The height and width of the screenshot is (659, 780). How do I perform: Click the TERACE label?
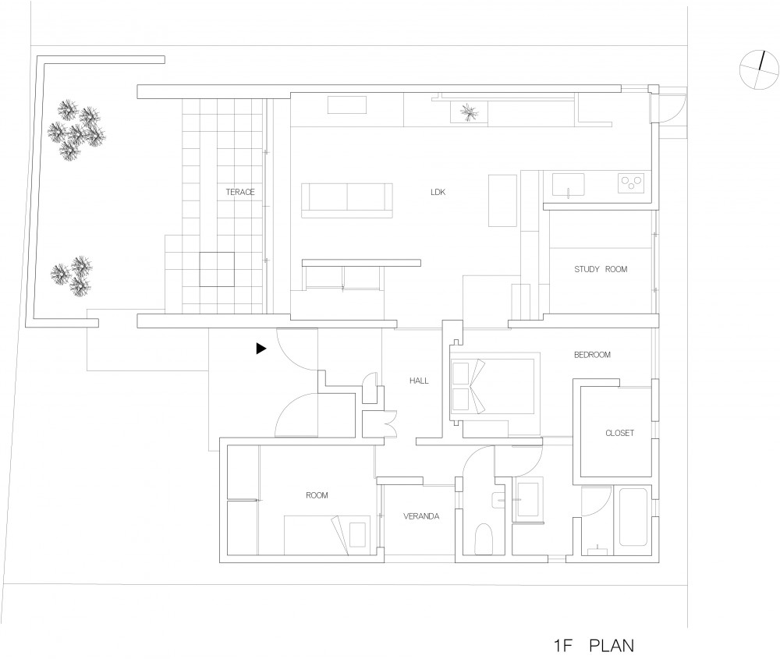click(x=240, y=192)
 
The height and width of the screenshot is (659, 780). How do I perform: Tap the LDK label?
click(x=438, y=192)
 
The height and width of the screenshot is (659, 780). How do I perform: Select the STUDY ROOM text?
click(x=601, y=269)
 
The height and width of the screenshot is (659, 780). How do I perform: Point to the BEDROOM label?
click(x=592, y=355)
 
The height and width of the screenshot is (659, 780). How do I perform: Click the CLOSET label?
click(x=619, y=433)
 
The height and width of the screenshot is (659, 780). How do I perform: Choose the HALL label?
click(x=419, y=381)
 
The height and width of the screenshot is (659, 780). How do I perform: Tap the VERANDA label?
click(x=421, y=516)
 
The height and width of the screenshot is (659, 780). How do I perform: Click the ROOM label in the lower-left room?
click(x=317, y=495)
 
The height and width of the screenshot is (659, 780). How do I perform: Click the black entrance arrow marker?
click(x=261, y=349)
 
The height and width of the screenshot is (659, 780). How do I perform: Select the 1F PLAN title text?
click(x=594, y=646)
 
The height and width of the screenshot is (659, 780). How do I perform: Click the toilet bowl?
click(x=484, y=539)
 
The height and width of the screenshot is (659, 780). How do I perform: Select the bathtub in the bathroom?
click(x=633, y=517)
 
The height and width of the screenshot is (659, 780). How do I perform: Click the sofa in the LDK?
click(x=347, y=200)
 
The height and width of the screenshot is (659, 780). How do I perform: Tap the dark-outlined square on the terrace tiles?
click(x=217, y=269)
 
